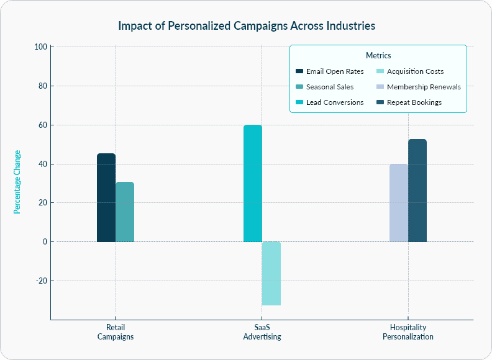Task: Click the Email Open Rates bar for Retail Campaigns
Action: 106,197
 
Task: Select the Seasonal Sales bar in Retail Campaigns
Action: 125,212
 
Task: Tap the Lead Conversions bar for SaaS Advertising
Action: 252,183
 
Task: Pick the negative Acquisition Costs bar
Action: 271,273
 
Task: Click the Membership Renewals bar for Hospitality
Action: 399,203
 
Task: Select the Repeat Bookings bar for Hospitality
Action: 417,191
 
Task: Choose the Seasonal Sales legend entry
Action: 329,87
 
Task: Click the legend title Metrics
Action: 378,56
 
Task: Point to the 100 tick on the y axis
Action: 41,47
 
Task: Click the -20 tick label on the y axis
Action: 41,281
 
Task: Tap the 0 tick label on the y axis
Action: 44,241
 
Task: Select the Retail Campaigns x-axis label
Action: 116,332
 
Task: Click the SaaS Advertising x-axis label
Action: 262,332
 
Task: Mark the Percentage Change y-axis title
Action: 17,182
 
